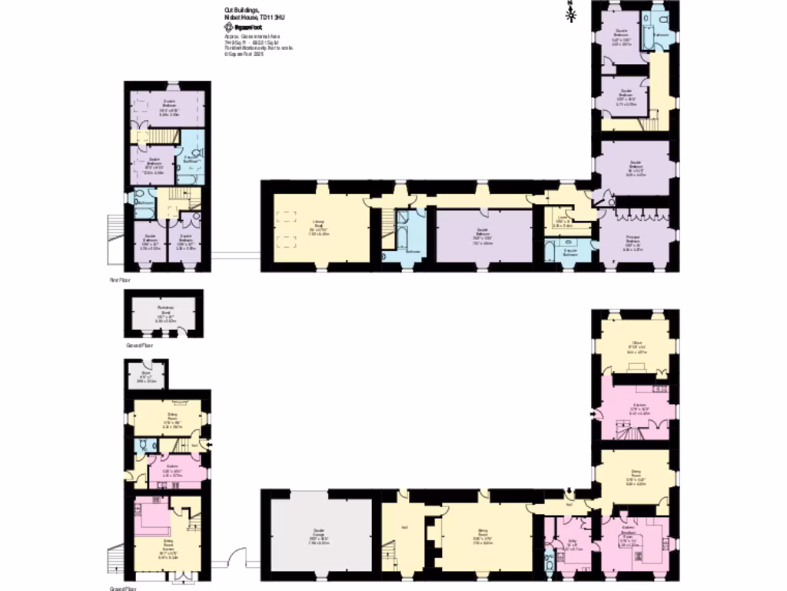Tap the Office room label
point(637,348)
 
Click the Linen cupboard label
point(563,222)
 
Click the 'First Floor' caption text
point(118,282)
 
